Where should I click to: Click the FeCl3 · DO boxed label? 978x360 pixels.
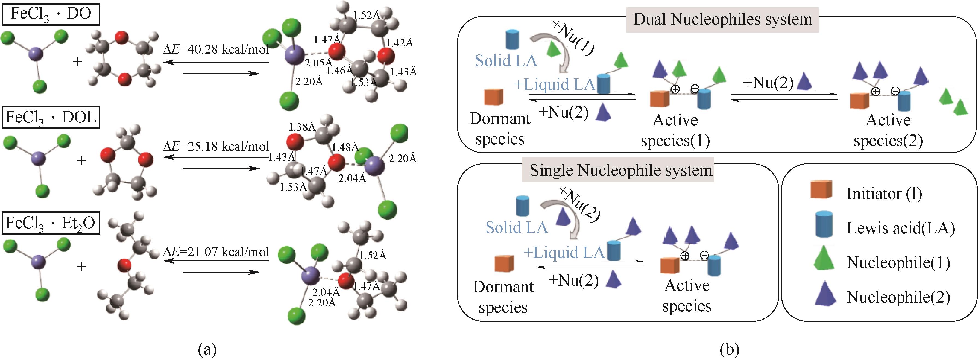(51, 14)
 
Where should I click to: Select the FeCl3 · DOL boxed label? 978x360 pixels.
(51, 118)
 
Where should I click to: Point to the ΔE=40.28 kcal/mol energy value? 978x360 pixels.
(216, 49)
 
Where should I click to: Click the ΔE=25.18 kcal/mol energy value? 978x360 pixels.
(216, 146)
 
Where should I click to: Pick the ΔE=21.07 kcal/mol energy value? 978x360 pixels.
(216, 252)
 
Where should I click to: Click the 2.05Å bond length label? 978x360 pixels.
(318, 63)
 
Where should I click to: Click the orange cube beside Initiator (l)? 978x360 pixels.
(821, 190)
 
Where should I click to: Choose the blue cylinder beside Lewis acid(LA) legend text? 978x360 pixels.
(824, 224)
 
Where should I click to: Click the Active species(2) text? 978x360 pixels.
(888, 130)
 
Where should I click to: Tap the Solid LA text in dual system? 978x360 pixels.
(506, 61)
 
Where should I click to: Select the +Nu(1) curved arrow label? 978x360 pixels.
(573, 38)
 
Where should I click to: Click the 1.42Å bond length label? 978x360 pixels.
(399, 43)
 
